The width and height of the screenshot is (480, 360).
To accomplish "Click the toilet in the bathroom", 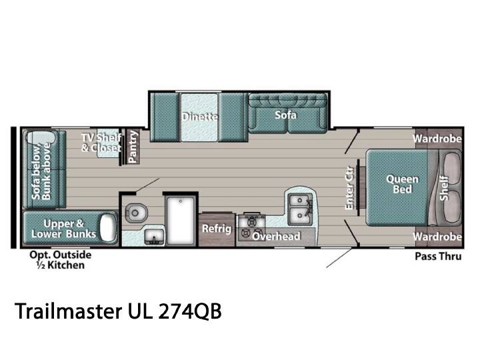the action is pos(136,213).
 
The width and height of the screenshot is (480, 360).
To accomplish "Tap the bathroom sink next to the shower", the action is pos(154,237).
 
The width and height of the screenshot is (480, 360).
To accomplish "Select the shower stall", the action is pos(181,221).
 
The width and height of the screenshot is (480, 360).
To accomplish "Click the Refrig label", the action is pos(217,229).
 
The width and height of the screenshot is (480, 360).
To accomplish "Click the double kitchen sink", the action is pos(300,208).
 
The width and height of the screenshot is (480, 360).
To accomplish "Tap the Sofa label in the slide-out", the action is pos(285,115).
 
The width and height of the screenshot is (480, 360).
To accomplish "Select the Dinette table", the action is pos(199,117).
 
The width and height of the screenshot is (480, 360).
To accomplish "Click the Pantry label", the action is pos(133,146).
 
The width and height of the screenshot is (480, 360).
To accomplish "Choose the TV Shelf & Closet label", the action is pos(101,143).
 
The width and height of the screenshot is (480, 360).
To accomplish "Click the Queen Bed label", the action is pos(402,184).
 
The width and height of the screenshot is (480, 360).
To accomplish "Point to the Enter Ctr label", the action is pos(349,188).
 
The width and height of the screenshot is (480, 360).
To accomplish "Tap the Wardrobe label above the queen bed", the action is pos(437,139).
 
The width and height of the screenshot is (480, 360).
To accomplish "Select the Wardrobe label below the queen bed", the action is pos(437,237).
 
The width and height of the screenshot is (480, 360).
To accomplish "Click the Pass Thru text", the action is pos(438,256).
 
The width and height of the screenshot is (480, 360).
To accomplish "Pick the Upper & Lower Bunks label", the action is pos(64,229).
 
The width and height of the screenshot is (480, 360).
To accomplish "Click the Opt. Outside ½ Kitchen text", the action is pos(60,260).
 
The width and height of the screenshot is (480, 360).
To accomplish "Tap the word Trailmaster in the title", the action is pos(68,311).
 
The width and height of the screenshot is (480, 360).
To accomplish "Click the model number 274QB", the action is pos(190,311).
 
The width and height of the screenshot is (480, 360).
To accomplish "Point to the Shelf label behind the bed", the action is pos(444,188).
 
